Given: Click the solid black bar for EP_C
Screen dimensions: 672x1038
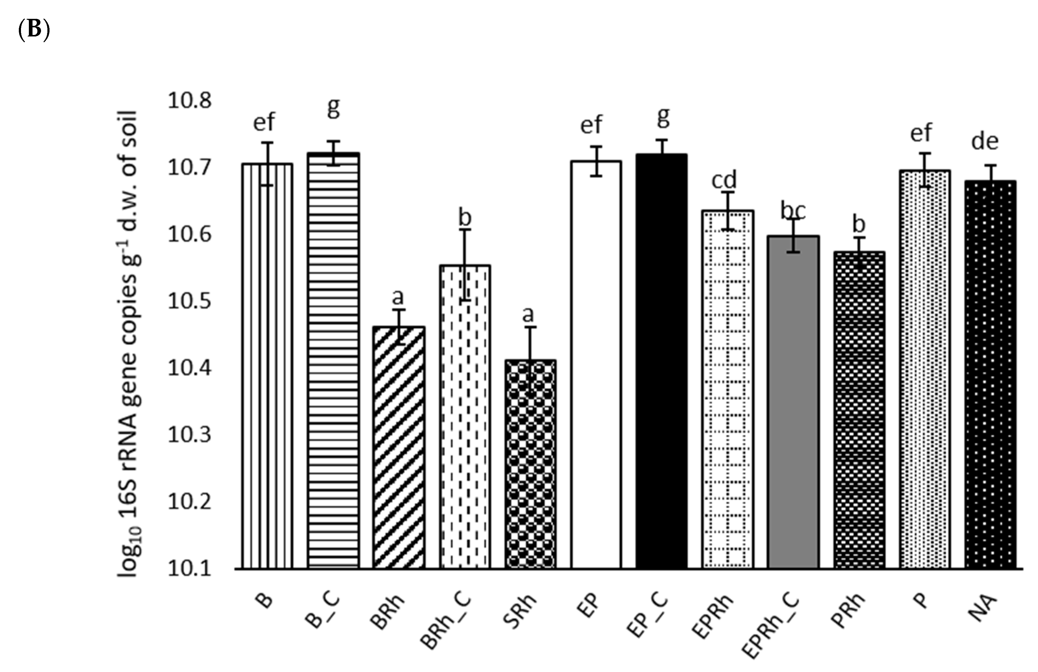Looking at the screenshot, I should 662,362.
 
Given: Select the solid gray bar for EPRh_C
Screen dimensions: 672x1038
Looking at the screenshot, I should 793,401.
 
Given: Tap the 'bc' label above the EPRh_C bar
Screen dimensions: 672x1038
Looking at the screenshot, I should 793,211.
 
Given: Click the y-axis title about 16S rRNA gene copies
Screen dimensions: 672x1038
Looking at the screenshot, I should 129,345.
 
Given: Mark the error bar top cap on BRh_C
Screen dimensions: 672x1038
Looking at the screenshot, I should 464,229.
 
